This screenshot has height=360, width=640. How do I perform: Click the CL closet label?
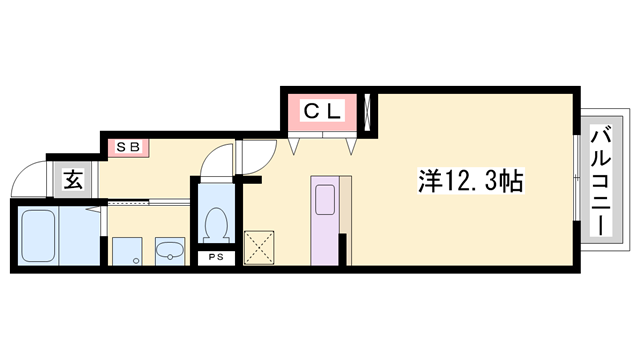pyautogui.click(x=324, y=112)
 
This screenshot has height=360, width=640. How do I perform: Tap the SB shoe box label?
pyautogui.click(x=128, y=147)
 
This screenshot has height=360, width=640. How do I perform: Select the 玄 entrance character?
pyautogui.click(x=73, y=180)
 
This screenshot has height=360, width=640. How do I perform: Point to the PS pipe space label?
pyautogui.click(x=215, y=258)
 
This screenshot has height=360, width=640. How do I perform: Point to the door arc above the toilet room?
pyautogui.click(x=213, y=161)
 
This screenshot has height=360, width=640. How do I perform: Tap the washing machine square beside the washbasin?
pyautogui.click(x=127, y=252)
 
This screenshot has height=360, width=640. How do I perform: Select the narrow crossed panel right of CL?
pyautogui.click(x=371, y=112)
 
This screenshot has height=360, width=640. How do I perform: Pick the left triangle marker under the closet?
pyautogui.click(x=293, y=146)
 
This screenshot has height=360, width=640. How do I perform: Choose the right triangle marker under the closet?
pyautogui.click(x=353, y=146)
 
